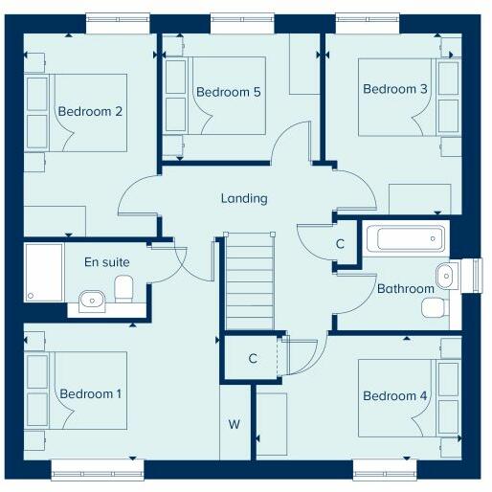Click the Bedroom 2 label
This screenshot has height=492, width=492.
click(x=90, y=111)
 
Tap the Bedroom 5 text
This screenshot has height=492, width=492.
click(x=229, y=92)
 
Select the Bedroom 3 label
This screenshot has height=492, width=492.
click(x=395, y=89)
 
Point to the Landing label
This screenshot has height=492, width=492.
click(x=244, y=198)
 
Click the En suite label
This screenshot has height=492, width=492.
click(x=106, y=260)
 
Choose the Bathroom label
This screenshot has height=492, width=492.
click(x=405, y=288)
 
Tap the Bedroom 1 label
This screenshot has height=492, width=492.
click(x=92, y=393)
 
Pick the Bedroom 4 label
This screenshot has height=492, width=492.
click(x=395, y=396)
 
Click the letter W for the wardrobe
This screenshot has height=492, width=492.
click(x=234, y=424)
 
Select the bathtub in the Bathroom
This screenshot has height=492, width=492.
click(x=406, y=238)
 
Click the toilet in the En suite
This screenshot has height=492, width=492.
click(x=123, y=286)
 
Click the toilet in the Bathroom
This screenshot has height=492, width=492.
click(x=435, y=306)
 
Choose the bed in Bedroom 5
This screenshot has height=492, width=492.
click(x=215, y=94)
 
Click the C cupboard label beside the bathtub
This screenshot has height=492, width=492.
click(x=340, y=244)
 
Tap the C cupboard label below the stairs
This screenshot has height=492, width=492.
click(x=253, y=359)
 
